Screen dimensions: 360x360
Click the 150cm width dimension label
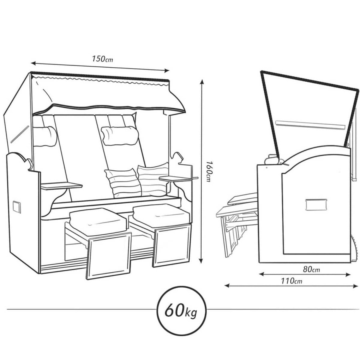(102, 59)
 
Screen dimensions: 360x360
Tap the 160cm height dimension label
(208, 171)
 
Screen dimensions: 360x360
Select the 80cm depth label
(311, 269)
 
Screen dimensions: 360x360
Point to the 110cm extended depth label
(291, 280)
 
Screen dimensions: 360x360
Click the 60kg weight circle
(181, 311)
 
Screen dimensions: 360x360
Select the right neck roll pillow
(120, 136)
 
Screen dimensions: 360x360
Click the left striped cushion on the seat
(123, 183)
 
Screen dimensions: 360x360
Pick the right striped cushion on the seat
(153, 179)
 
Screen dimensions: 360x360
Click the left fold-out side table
(61, 186)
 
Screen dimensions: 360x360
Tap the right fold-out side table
(178, 178)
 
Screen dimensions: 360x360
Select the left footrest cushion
(98, 222)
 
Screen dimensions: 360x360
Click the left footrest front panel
(108, 256)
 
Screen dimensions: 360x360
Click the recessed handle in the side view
(316, 205)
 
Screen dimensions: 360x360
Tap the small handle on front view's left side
(16, 207)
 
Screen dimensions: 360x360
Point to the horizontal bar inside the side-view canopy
(310, 125)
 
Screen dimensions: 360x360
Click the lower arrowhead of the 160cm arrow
(201, 260)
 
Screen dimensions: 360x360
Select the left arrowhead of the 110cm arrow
(227, 286)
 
